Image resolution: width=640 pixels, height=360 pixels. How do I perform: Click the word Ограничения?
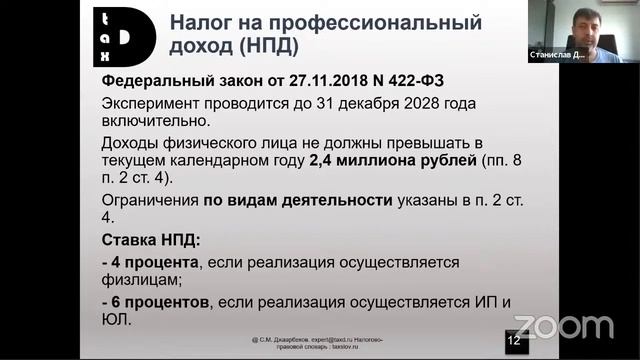click(x=150, y=199)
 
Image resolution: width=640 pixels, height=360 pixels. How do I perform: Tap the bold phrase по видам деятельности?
click(x=297, y=199)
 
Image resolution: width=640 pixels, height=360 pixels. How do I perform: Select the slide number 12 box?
click(x=514, y=341)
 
